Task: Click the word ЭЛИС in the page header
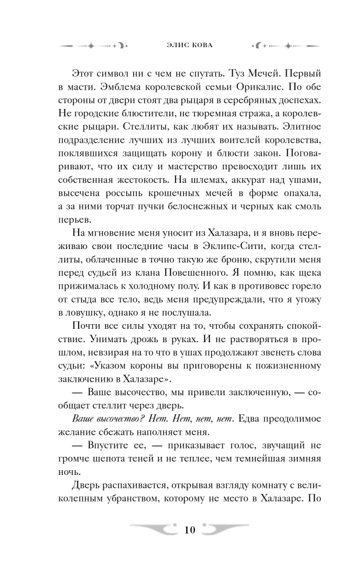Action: [x=168, y=45]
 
